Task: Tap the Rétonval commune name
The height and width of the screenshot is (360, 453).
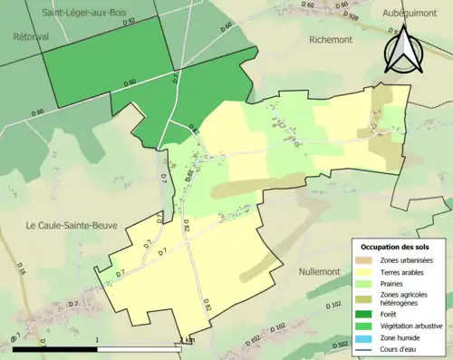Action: point(30,37)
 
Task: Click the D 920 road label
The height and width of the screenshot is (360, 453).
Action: point(350,16)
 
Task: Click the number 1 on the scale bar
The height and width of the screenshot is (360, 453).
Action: point(97,340)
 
